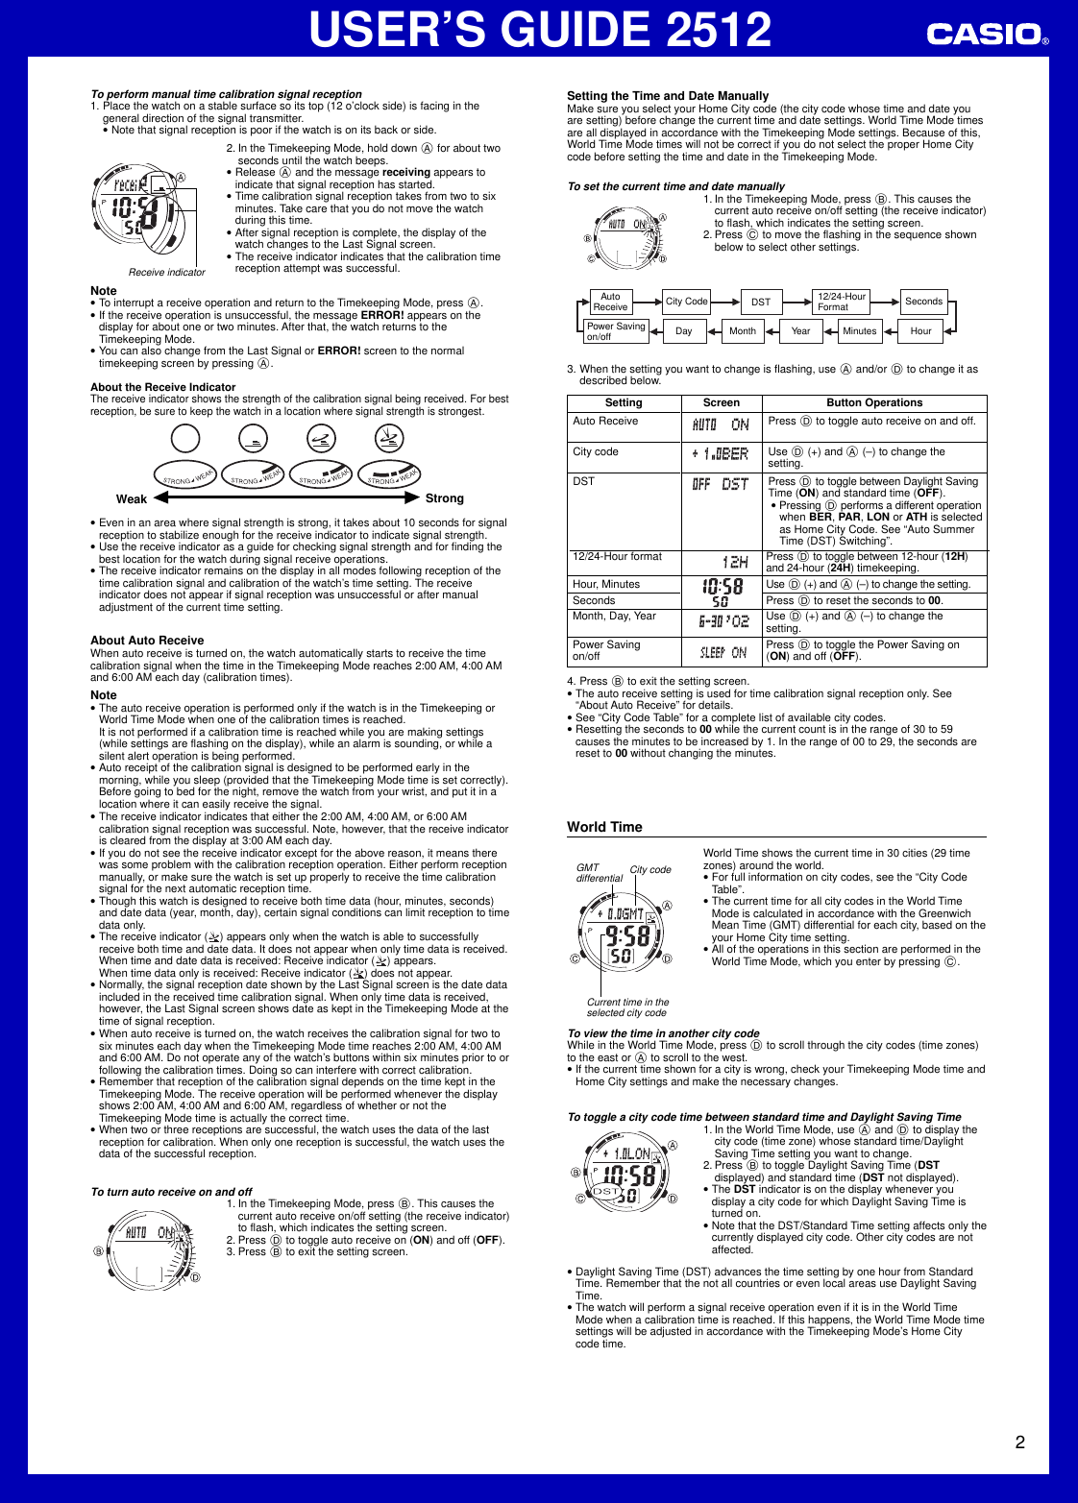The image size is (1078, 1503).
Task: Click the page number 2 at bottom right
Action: [x=1019, y=1442]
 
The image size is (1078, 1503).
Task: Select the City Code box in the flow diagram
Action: [x=686, y=302]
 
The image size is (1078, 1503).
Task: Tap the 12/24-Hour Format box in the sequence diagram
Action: [x=841, y=302]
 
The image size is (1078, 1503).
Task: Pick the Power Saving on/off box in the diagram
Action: [x=616, y=331]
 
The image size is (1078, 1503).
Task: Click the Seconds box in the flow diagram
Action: [x=923, y=302]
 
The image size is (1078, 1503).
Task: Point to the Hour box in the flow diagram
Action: [x=920, y=331]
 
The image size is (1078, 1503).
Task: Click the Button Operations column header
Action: [x=873, y=403]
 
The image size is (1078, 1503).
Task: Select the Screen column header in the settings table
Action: [x=721, y=403]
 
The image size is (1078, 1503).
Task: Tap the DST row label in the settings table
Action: [x=584, y=481]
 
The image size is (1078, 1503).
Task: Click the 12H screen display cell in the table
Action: [x=735, y=562]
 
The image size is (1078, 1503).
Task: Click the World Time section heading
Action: [x=604, y=827]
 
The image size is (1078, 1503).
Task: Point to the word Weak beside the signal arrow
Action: [x=132, y=499]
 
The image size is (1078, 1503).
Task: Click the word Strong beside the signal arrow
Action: [x=444, y=498]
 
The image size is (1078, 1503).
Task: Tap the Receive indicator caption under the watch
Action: [x=167, y=273]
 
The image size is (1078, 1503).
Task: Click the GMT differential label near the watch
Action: [x=599, y=873]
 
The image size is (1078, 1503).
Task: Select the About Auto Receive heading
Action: [x=147, y=641]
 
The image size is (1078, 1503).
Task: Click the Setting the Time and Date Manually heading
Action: [x=668, y=96]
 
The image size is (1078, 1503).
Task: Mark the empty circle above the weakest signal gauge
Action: [x=185, y=439]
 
